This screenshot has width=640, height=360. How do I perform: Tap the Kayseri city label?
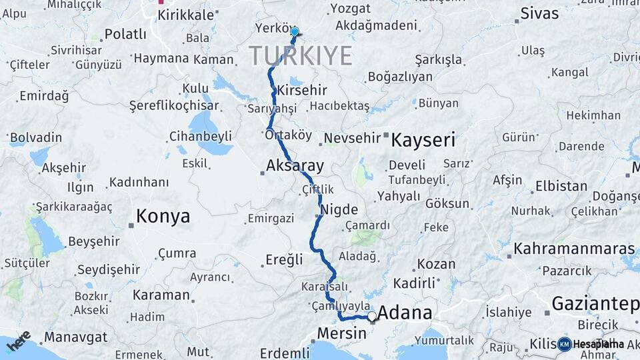coord(423,140)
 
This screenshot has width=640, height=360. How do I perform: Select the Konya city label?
coord(163,216)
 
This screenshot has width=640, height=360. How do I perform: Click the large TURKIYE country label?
coord(301,55)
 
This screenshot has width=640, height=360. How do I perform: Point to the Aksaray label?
coord(295,165)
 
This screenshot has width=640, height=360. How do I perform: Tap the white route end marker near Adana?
coord(372,315)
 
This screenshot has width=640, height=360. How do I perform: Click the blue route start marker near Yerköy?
coord(294,31)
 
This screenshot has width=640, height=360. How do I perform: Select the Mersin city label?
coord(341,333)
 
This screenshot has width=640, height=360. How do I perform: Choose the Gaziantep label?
coord(595,304)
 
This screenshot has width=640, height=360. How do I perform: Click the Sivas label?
coord(539,13)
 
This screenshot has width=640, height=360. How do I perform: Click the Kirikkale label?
coord(186,15)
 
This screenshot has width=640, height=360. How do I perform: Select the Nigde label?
coord(339,210)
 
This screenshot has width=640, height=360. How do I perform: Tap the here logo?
coord(19,341)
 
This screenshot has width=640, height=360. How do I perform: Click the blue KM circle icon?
coord(564,344)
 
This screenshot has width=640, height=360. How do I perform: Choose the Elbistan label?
coord(561,186)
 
